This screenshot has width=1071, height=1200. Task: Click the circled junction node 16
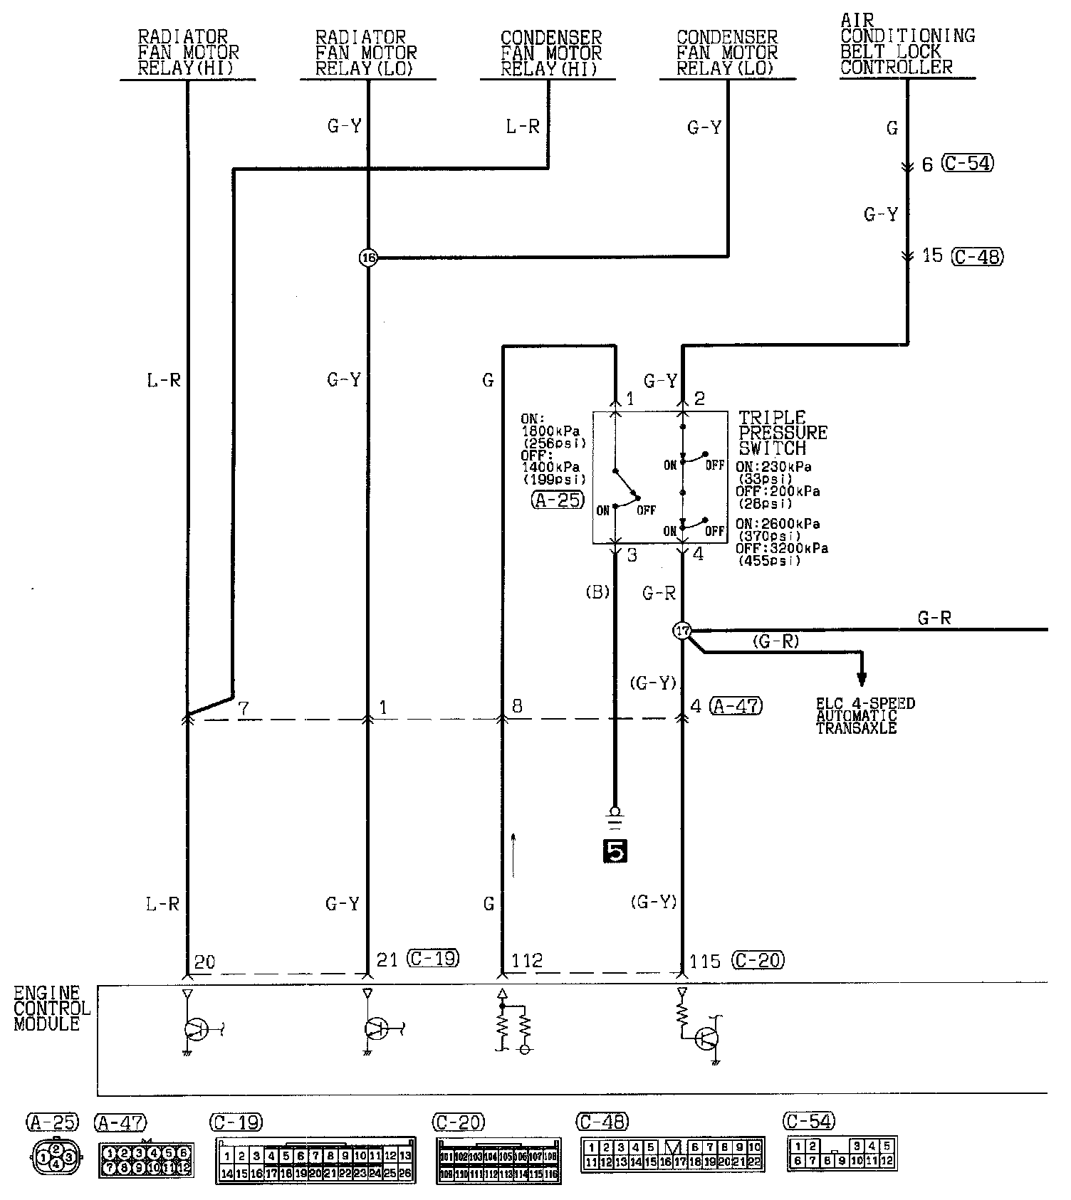coord(367,258)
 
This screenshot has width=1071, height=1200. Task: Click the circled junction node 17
coord(682,631)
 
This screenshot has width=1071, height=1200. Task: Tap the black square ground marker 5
coord(615,851)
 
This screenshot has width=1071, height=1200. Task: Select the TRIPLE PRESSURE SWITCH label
coord(782,433)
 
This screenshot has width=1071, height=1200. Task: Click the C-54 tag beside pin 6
coord(968,164)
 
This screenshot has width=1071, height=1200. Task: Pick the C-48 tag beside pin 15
coord(977,256)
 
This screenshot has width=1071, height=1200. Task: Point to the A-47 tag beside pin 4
coord(736,706)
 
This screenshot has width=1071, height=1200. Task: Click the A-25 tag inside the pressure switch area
coord(558,500)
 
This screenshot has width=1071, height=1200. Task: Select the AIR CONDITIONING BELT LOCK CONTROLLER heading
coord(907,44)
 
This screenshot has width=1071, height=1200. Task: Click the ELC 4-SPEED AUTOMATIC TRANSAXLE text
coord(864,716)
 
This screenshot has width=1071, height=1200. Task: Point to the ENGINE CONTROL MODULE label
coord(51,1009)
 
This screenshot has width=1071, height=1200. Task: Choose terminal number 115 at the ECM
coord(705,961)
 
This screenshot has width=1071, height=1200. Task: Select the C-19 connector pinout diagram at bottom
coord(315,1159)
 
